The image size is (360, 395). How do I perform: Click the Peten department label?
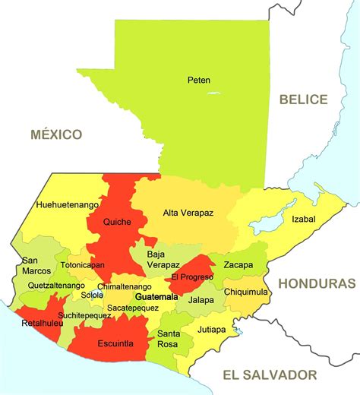(199, 80)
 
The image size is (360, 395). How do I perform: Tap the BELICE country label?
(303, 100)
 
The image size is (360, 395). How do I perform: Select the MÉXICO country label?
(56, 134)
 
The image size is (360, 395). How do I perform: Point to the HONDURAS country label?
(317, 283)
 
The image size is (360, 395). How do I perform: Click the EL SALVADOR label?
(270, 374)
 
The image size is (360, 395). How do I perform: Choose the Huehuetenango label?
(67, 205)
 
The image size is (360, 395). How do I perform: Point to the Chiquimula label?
(246, 291)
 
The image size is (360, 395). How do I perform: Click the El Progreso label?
(191, 277)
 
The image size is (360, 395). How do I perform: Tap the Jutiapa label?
(211, 330)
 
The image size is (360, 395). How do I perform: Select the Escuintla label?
(115, 343)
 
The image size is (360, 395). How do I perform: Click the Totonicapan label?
(83, 265)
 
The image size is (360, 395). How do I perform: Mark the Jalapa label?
(201, 300)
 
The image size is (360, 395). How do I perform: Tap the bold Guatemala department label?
(156, 296)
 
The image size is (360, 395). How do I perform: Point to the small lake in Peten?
(213, 93)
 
